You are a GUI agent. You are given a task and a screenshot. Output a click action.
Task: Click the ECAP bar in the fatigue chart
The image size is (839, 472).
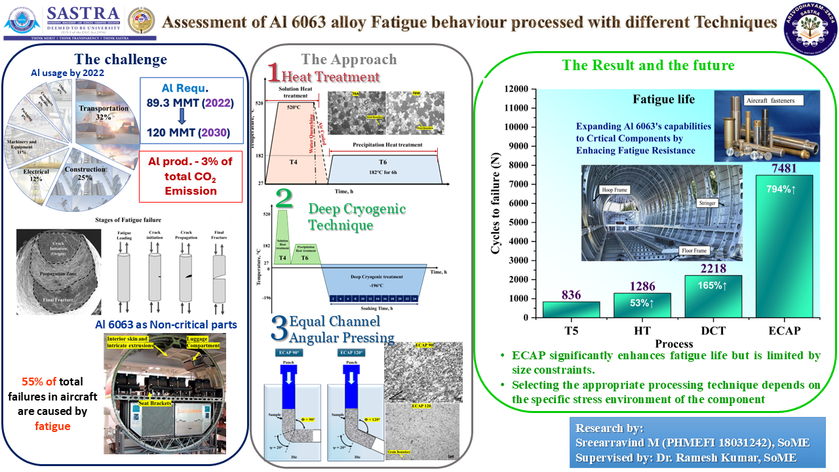pos(784,246)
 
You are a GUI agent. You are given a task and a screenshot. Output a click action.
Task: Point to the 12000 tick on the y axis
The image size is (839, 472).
pos(517,89)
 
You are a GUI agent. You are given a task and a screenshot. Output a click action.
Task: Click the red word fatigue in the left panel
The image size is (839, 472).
pos(52,426)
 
